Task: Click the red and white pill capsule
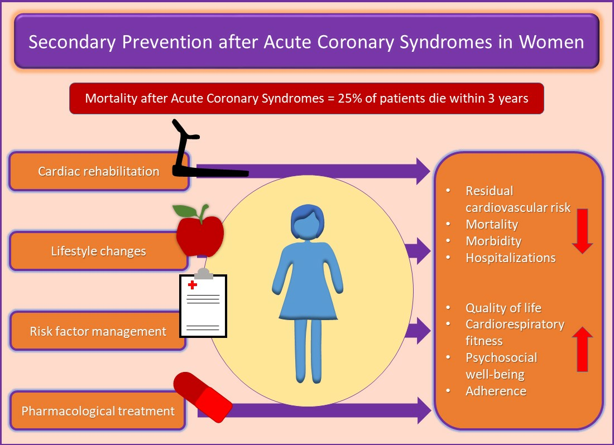click(203, 396)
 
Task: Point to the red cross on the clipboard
click(192, 284)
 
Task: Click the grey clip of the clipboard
click(204, 274)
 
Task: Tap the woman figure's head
click(308, 221)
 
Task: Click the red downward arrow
click(582, 231)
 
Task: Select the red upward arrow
click(582, 349)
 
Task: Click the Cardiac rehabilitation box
click(99, 171)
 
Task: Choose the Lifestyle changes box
click(99, 251)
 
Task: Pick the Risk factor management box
click(98, 331)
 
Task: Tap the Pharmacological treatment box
click(98, 411)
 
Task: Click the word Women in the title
click(551, 42)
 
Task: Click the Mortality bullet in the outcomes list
click(492, 225)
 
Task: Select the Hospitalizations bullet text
click(511, 258)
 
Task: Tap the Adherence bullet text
click(496, 391)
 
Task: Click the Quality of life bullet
click(503, 308)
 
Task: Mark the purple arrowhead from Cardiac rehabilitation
click(423, 171)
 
